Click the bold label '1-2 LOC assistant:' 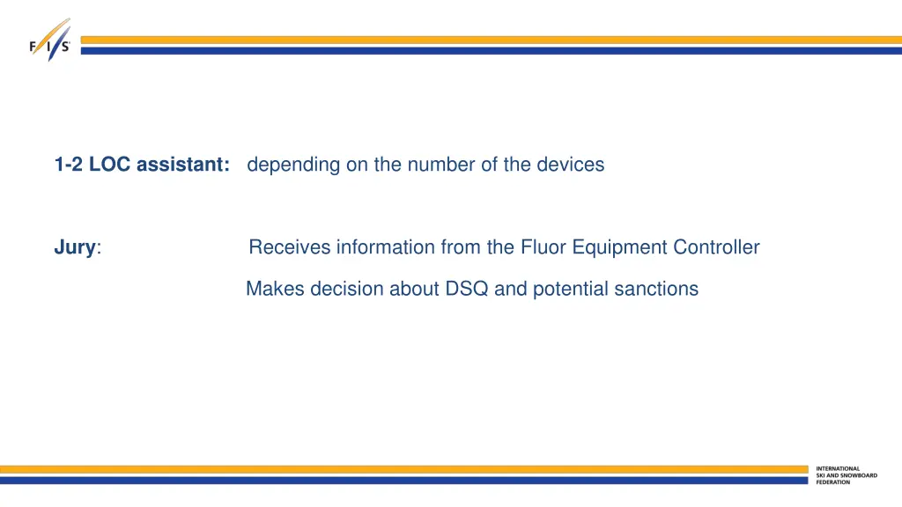coord(142,165)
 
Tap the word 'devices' coord(575,165)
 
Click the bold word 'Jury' coord(74,247)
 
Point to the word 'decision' coord(339,289)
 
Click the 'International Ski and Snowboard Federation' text coord(846,475)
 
